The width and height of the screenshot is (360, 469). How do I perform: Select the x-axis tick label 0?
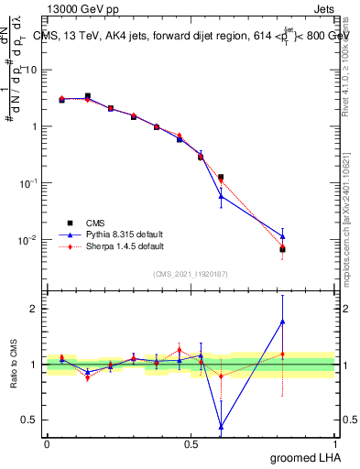tap(47, 442)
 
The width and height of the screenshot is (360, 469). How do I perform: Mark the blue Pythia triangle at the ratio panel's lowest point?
tap(221, 426)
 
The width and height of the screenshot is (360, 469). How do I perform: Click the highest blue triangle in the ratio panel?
tap(282, 322)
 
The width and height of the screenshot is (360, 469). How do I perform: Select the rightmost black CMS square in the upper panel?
tap(282, 249)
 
